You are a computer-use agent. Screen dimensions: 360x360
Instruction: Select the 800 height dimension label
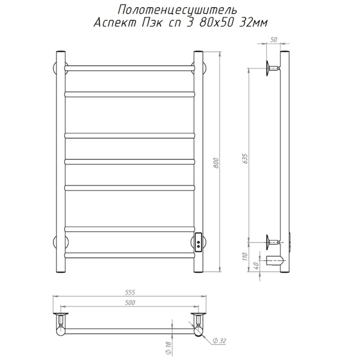[x=216, y=163]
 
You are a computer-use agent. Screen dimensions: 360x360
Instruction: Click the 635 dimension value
[x=246, y=158]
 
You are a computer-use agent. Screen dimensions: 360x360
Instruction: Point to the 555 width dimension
[x=130, y=292]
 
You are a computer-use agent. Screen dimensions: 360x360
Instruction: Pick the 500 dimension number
[x=130, y=303]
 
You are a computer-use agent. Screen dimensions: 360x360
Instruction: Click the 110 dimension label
[x=245, y=257]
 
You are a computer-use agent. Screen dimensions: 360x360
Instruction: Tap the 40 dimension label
[x=257, y=265]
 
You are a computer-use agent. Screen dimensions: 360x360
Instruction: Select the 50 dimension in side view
[x=274, y=40]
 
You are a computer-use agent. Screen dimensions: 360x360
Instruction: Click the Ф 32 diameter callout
[x=219, y=341]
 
